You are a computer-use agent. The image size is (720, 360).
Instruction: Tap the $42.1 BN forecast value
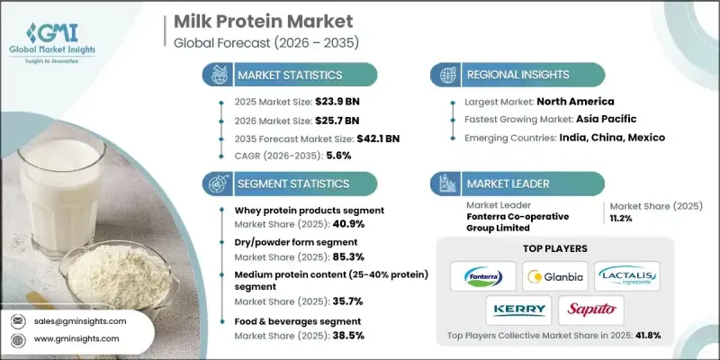pyautogui.click(x=380, y=139)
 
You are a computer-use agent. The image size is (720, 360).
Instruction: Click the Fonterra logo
pyautogui.click(x=482, y=276)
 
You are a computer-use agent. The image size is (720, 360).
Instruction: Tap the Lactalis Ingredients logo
pyautogui.click(x=627, y=276)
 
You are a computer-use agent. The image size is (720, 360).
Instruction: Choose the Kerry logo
pyautogui.click(x=518, y=310)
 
